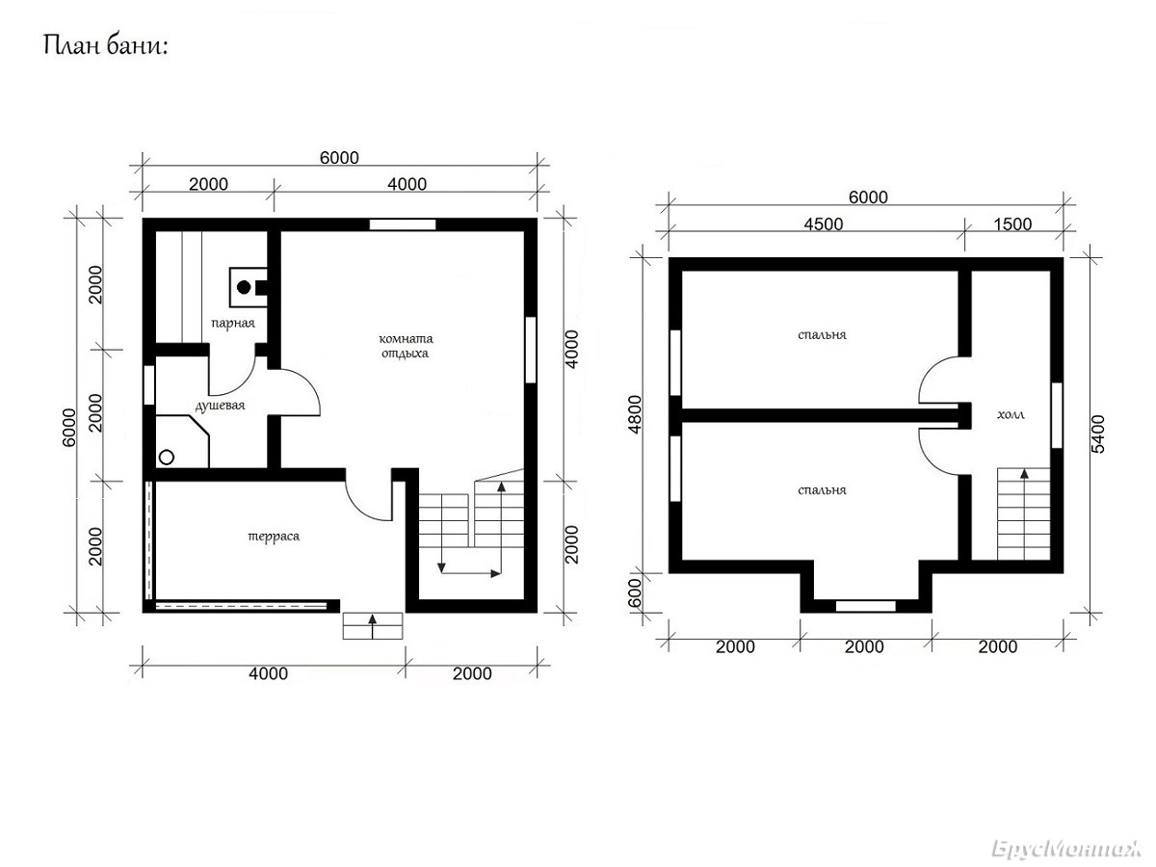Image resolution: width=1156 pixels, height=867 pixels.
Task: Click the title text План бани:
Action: coord(105,46)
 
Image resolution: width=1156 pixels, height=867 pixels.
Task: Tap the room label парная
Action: coord(233,324)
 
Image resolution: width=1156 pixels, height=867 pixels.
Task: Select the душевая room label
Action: coord(221,406)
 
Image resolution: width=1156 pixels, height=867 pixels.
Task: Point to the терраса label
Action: coord(274,537)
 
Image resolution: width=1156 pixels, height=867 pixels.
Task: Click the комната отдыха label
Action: coord(406,346)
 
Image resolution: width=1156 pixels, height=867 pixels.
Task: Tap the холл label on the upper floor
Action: coord(1011,415)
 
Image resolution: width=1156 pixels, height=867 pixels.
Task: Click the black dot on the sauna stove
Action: coord(244,287)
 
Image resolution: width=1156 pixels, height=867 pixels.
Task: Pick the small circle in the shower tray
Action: coord(167,458)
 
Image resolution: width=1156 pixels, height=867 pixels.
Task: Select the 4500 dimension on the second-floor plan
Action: coord(823,224)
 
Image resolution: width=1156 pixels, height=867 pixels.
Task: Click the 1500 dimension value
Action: coord(1012,224)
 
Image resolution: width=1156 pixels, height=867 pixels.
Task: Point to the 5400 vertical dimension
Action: coord(1098,433)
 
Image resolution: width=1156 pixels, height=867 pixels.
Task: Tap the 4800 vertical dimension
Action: coord(636,414)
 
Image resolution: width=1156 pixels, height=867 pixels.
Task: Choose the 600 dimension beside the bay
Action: coord(635,592)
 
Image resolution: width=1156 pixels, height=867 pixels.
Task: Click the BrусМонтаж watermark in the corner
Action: coord(1066,850)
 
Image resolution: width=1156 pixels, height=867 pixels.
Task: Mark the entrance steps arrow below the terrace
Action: coord(373,626)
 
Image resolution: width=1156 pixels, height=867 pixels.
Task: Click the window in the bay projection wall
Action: coord(866,606)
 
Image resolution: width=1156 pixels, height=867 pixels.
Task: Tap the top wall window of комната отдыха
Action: coord(403,224)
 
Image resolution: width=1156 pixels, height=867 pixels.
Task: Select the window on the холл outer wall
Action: coord(1057,415)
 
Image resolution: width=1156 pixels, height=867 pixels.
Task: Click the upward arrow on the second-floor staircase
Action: coord(1024,513)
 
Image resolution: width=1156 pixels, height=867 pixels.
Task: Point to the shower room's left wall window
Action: coord(149,384)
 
